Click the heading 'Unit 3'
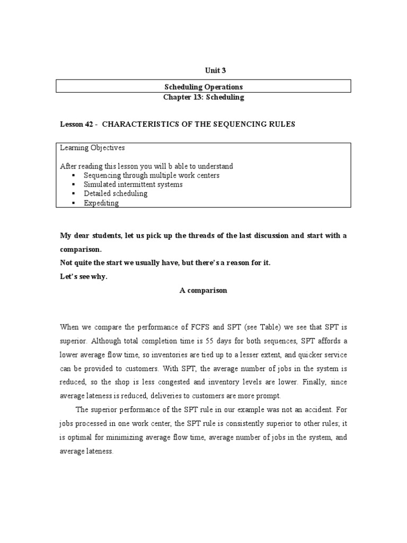point(203,71)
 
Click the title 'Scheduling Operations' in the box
point(203,86)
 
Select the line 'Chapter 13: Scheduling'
point(203,97)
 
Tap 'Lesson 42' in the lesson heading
point(76,124)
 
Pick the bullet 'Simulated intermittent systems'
point(133,185)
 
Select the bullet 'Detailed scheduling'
point(116,194)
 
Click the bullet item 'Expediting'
point(101,203)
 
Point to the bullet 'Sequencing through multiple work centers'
point(152,175)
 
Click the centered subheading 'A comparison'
point(203,291)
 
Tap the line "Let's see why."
point(84,276)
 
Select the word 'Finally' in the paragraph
point(305,382)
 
